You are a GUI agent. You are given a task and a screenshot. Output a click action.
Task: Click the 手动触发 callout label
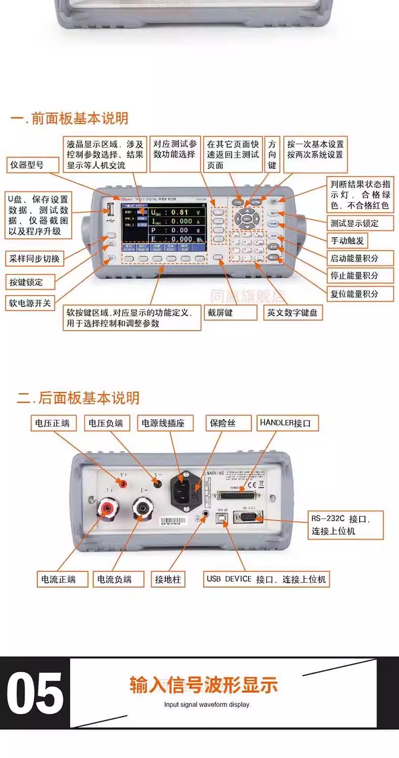point(347,241)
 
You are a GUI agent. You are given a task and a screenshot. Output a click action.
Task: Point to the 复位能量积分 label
point(354,294)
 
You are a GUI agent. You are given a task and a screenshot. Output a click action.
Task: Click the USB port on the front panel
point(111,209)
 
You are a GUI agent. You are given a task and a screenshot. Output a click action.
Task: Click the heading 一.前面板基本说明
point(69,119)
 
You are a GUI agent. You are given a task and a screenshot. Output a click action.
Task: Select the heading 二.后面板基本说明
point(78,398)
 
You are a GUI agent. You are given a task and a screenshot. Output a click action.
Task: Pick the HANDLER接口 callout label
point(288,423)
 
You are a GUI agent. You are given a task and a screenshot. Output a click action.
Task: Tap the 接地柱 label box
point(168,579)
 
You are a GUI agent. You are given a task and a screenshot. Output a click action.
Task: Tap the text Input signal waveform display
point(207,704)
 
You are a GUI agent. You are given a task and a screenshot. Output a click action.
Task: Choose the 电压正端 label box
point(53,423)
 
